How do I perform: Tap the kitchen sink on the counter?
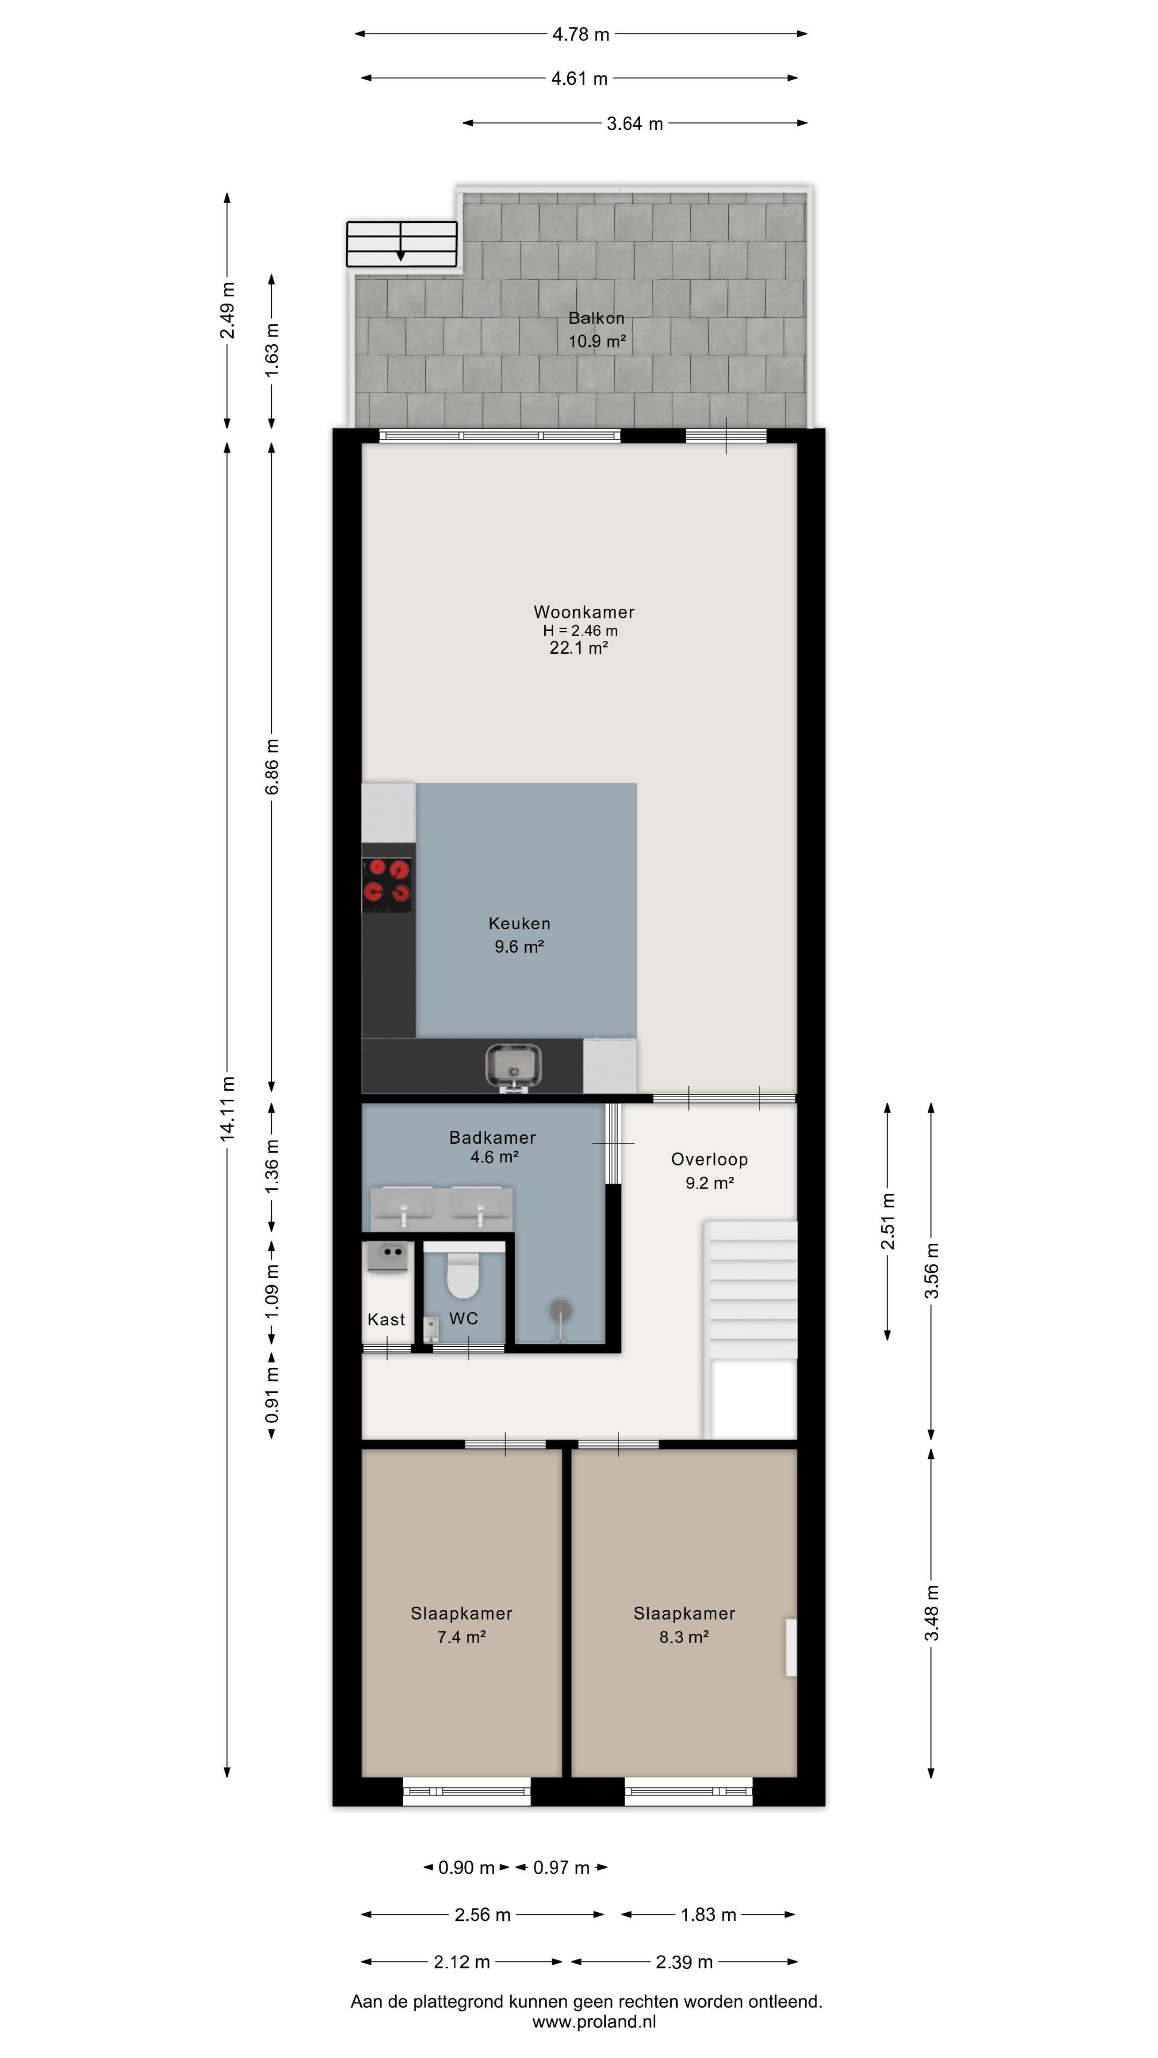click(513, 1067)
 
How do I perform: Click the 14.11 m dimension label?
click(228, 1108)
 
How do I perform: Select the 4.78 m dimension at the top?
click(581, 34)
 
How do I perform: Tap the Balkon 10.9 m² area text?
click(596, 329)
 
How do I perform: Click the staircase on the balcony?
click(401, 244)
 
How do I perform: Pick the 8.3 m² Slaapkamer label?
click(684, 1624)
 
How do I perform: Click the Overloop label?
click(710, 1159)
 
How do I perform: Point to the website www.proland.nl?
click(594, 2022)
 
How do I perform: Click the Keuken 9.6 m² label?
click(519, 935)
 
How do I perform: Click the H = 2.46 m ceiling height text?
click(580, 630)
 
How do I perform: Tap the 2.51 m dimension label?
click(888, 1221)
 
